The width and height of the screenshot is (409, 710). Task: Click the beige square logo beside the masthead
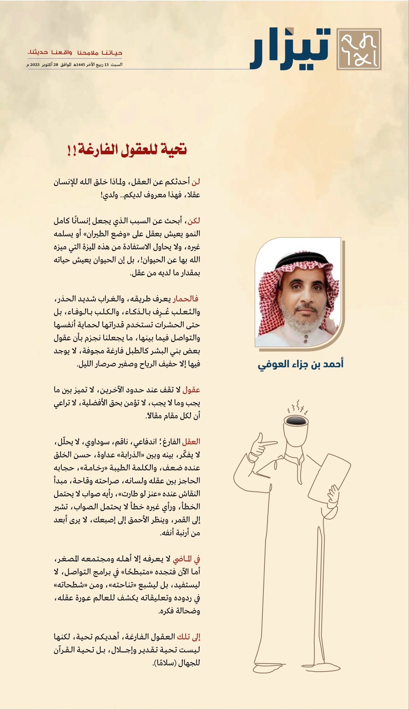tap(359, 49)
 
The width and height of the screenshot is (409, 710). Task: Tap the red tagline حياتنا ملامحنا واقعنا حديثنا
tap(75, 53)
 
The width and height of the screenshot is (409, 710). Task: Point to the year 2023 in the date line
tap(35, 65)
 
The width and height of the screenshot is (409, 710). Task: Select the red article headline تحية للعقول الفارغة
tap(127, 149)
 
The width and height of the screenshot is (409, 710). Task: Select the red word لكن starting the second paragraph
tap(194, 221)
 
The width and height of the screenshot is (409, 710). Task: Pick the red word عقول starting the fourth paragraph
tap(191, 390)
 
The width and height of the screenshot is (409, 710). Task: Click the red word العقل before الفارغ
tap(191, 442)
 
